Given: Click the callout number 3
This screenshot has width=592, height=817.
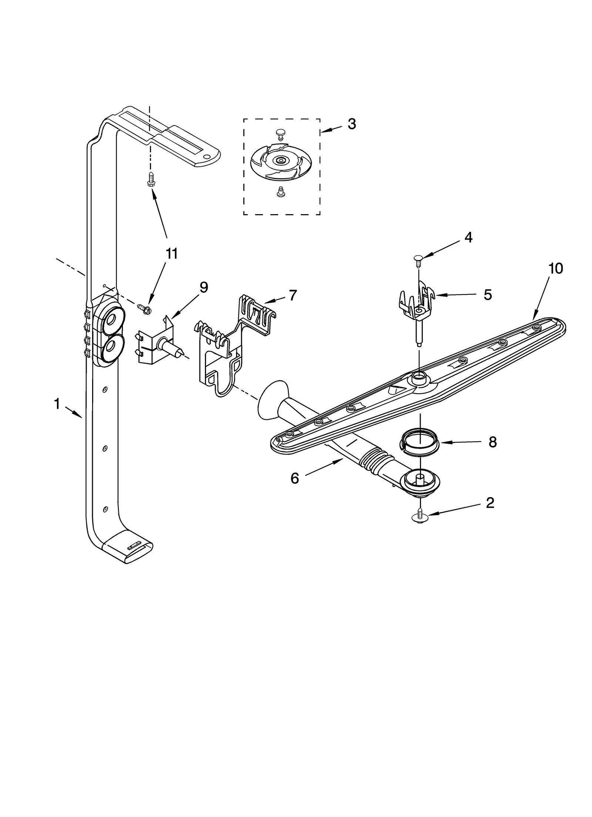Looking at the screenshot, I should point(351,124).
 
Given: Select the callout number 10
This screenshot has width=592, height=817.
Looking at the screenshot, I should point(555,269).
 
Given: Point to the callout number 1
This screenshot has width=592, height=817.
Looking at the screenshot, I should point(57,404).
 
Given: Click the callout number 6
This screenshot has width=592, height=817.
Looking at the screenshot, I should point(295,478).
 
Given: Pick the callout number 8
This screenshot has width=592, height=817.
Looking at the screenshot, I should point(492,442).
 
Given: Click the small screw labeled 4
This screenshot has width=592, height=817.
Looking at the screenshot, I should point(418,260).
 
